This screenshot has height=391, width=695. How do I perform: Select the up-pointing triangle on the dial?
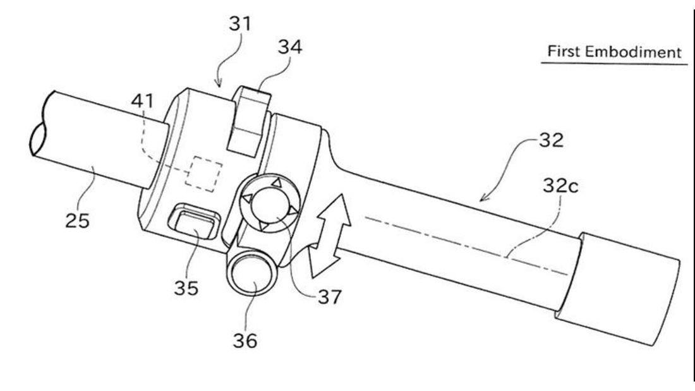275,183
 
